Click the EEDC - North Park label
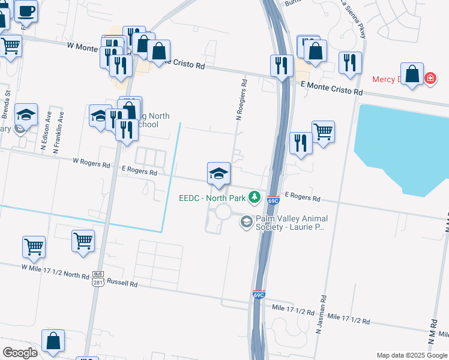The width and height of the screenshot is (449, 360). (x=213, y=197)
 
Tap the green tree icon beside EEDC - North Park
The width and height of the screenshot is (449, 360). (x=255, y=197)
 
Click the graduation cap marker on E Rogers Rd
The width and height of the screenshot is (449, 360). (x=219, y=174)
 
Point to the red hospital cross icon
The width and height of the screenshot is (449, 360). (x=430, y=79)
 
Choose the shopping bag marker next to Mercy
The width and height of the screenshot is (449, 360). (x=412, y=75)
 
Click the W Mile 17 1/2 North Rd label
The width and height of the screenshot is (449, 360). (x=55, y=271)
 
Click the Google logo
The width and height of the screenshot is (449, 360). (x=20, y=352)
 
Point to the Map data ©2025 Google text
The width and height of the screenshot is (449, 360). (x=411, y=355)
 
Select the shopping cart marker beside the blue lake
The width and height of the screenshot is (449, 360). (x=323, y=132)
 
